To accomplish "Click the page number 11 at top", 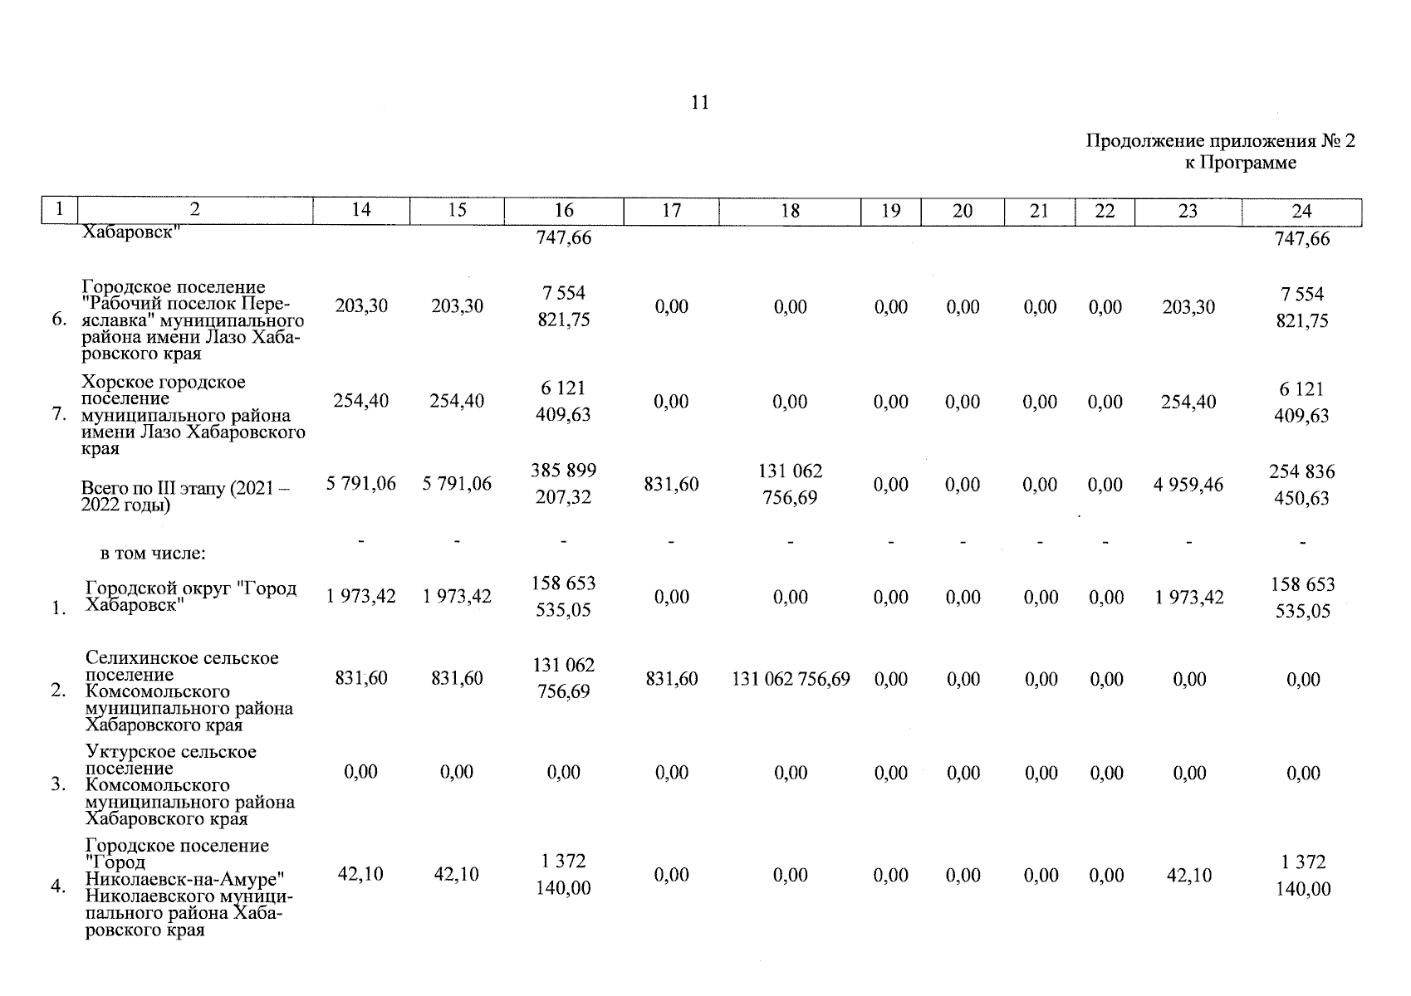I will (699, 103).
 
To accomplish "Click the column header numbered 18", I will (790, 211).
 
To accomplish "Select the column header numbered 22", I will (1104, 211).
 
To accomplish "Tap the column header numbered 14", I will (360, 211).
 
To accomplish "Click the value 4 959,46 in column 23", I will (1188, 485).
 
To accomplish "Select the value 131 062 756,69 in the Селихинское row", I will (790, 679).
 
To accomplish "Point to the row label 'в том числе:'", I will (153, 553).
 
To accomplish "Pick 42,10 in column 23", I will (1188, 875).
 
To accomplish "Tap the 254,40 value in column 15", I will (457, 401).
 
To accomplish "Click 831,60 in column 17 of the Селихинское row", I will (671, 679).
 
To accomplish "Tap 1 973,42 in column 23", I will (1188, 598).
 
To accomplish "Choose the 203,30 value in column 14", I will (360, 306).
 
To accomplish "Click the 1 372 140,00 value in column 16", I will (563, 875).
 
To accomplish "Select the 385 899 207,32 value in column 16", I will (563, 484).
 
